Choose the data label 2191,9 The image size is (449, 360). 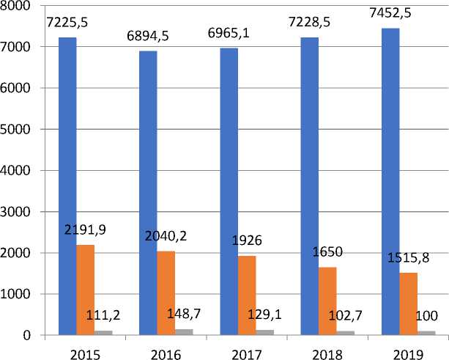[85, 230]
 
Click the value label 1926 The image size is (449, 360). [248, 241]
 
